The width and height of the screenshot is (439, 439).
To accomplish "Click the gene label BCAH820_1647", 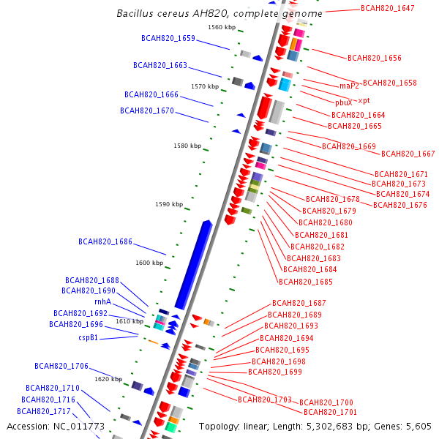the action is (x=388, y=8).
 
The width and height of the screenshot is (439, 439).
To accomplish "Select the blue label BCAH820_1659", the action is (x=168, y=38).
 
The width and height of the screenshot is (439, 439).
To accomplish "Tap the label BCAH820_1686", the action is (x=105, y=241).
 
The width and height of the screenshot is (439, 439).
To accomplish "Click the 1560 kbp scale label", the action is (x=222, y=27).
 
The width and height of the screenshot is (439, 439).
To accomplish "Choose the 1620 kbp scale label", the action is (x=108, y=379).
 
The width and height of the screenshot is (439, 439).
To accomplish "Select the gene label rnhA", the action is (x=102, y=301).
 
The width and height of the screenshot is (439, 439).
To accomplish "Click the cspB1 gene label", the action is (x=88, y=338).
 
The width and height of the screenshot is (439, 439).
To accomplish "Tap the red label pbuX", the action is (x=344, y=103).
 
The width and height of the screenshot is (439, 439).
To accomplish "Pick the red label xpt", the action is (x=364, y=100).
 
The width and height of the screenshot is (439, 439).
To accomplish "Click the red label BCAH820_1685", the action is (x=306, y=282).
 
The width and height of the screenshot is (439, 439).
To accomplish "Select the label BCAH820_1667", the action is (x=408, y=154).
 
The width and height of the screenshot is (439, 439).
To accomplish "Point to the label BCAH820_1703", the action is (x=265, y=399).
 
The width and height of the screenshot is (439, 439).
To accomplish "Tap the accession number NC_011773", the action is (x=78, y=426).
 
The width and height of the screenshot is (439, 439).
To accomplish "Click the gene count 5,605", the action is (x=417, y=426).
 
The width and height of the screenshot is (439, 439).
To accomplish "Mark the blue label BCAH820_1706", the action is (x=61, y=366).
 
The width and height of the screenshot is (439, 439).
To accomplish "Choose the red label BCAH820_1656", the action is (x=375, y=58).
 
